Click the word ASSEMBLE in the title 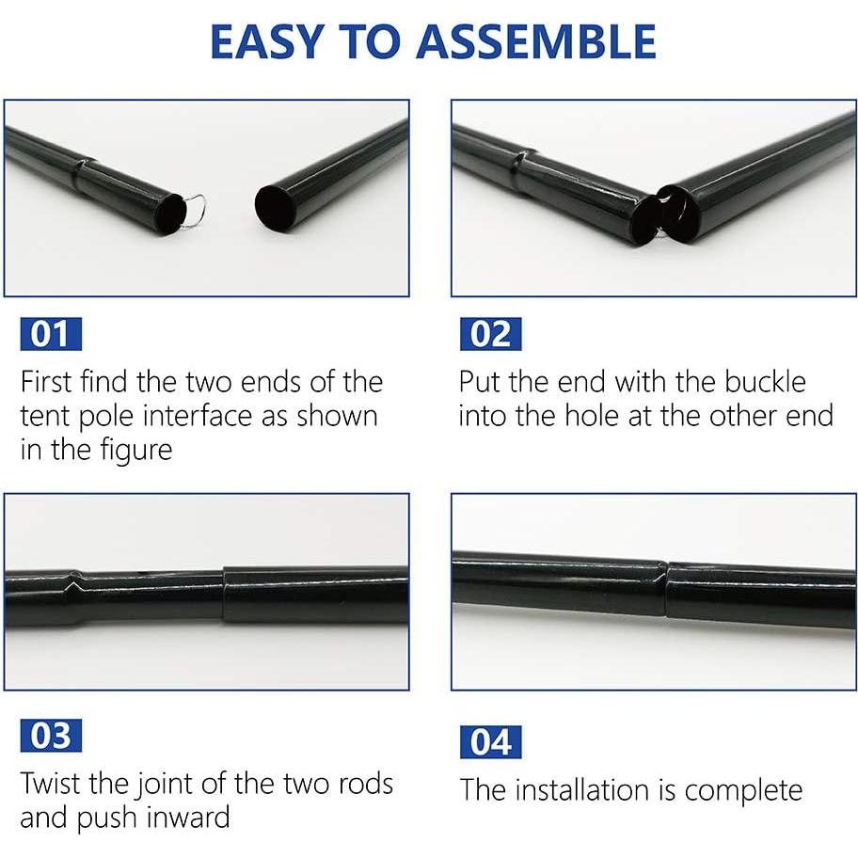[x=536, y=41]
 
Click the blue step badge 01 [x=51, y=334]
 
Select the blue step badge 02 [x=491, y=334]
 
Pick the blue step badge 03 [x=51, y=736]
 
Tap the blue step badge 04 [x=491, y=742]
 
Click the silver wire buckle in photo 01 [x=196, y=209]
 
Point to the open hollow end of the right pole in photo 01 [x=277, y=207]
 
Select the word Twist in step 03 [x=51, y=783]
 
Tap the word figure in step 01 [x=135, y=451]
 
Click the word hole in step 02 [x=593, y=416]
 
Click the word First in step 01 [x=47, y=382]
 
